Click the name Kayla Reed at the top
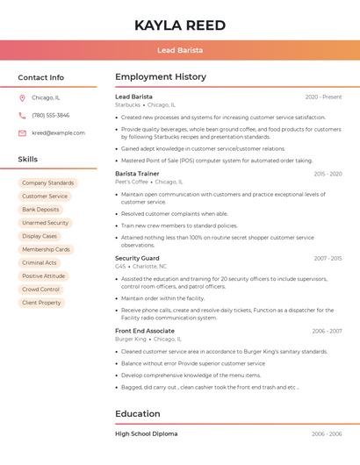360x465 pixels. [x=179, y=25]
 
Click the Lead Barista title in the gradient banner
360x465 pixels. [x=179, y=50]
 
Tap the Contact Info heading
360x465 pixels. [x=41, y=77]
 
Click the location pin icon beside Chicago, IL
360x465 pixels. [x=22, y=98]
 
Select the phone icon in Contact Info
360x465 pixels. [x=22, y=116]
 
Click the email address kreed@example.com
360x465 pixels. [x=58, y=133]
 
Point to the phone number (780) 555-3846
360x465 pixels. [x=50, y=116]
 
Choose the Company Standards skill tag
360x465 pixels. [x=47, y=182]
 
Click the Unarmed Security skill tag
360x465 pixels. [x=45, y=223]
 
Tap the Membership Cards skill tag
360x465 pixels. [x=46, y=249]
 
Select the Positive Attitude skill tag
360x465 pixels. [x=44, y=276]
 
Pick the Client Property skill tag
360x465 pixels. [x=41, y=303]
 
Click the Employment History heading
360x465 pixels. [x=161, y=77]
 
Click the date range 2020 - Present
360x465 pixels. [x=323, y=97]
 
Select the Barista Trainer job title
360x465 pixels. [x=137, y=174]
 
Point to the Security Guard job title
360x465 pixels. [x=137, y=259]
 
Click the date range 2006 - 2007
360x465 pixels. [x=327, y=331]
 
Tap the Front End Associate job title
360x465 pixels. [x=145, y=331]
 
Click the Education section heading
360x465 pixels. [x=138, y=414]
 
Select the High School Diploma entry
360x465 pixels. [x=147, y=433]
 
